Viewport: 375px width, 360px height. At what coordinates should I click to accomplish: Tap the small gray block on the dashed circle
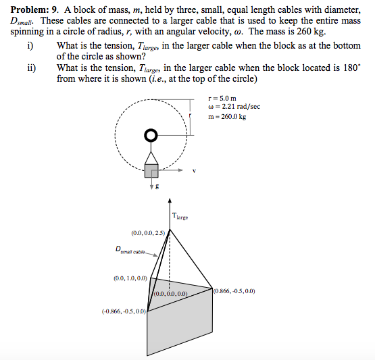151,170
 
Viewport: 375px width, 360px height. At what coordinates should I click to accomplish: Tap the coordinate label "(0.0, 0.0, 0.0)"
170,294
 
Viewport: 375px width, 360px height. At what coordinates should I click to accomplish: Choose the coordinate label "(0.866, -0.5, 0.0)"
234,291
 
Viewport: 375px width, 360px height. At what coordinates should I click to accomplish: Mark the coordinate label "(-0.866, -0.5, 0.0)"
124,311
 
